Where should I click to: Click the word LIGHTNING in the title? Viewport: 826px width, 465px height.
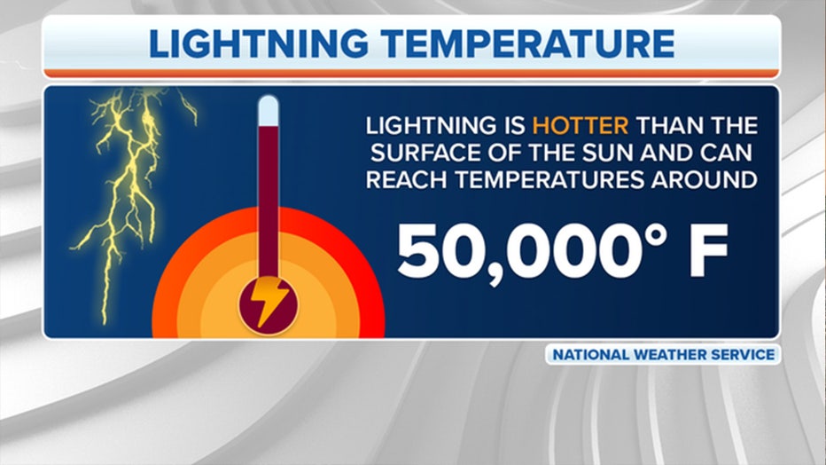point(258,43)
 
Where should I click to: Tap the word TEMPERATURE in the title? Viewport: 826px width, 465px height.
point(527,43)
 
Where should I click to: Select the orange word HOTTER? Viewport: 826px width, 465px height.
point(580,125)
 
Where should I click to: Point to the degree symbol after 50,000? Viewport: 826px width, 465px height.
point(653,236)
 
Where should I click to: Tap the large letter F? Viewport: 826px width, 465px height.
point(709,250)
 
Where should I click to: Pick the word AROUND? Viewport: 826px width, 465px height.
point(704,180)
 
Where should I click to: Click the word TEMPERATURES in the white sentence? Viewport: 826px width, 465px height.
point(549,180)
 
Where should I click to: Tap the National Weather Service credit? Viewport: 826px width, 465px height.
point(663,354)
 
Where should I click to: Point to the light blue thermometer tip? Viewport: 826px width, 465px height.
point(269,111)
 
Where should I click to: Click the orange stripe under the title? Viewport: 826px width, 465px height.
point(411,73)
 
